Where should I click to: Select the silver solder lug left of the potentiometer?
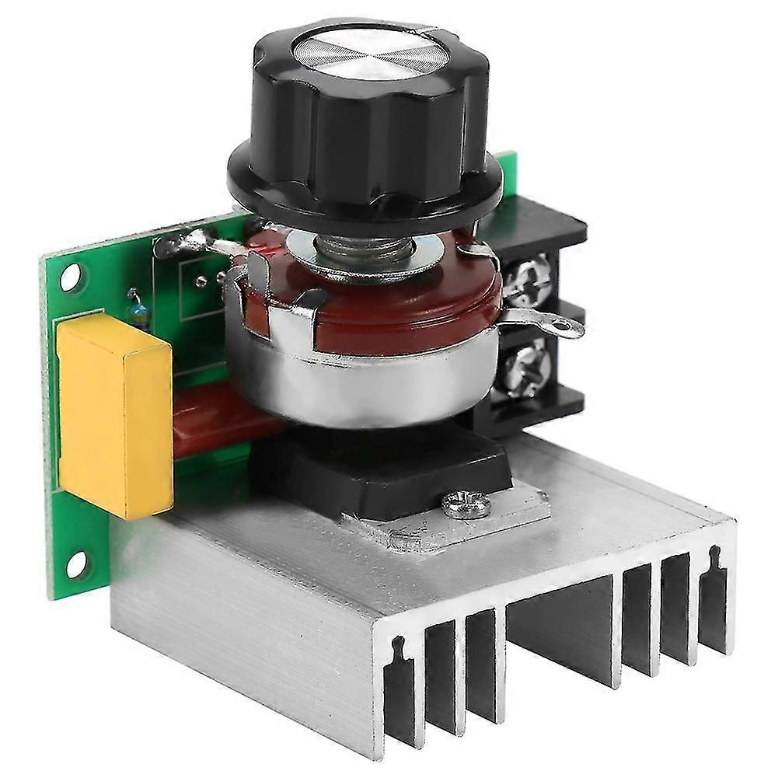click(187, 247)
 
